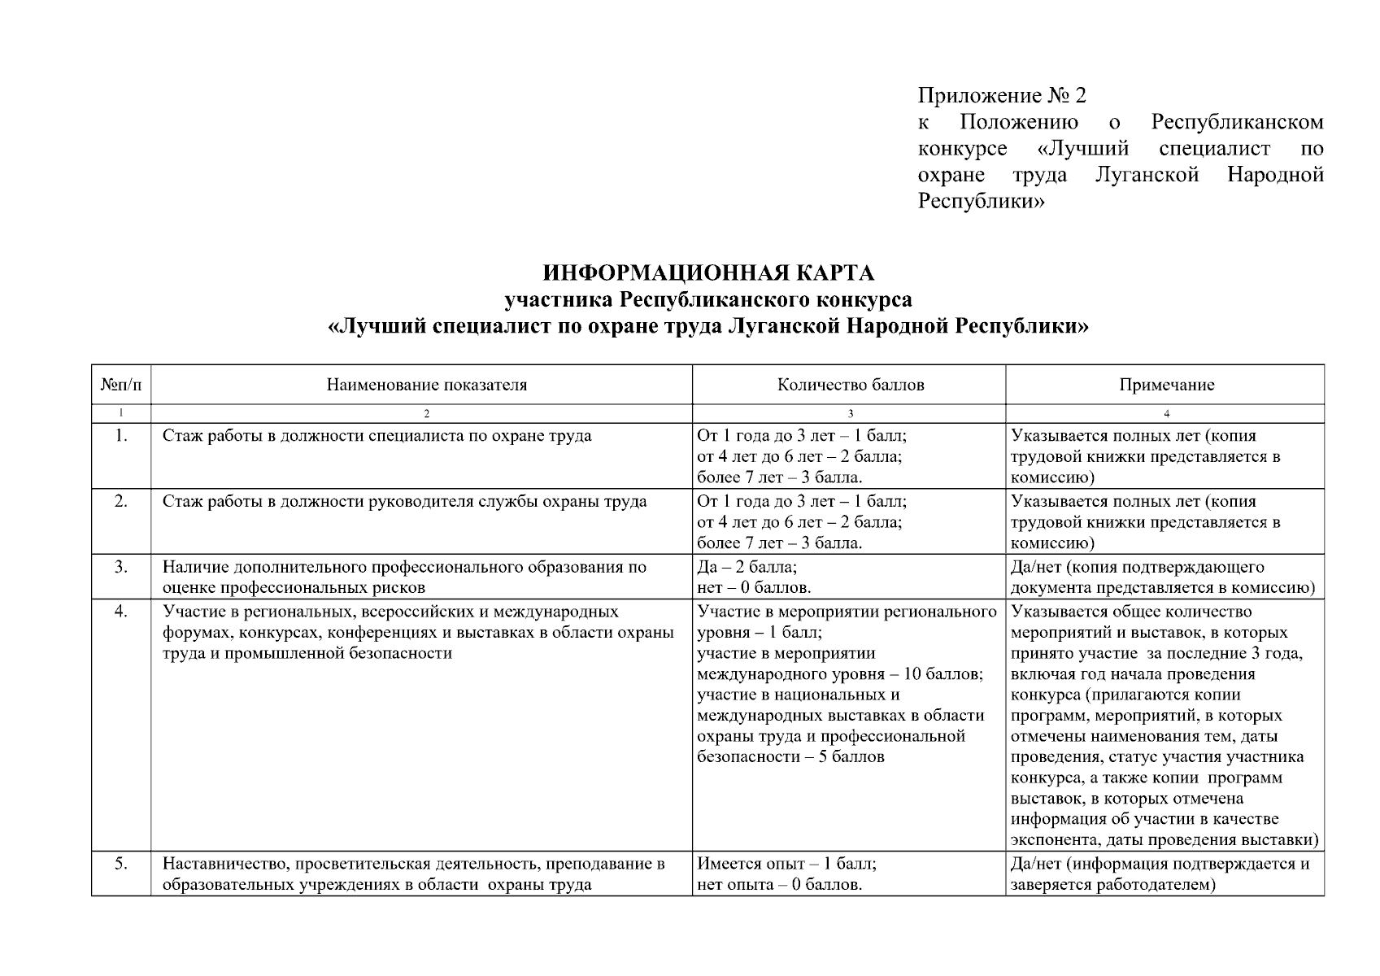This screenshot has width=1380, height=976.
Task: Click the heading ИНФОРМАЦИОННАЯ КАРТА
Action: tap(707, 272)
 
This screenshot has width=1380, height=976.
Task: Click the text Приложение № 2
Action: tap(1002, 96)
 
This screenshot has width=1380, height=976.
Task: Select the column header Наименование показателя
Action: tap(426, 386)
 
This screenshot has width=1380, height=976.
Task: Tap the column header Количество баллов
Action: tap(850, 386)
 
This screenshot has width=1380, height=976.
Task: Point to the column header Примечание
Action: tap(1166, 386)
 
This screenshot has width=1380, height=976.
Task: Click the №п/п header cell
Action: tap(121, 386)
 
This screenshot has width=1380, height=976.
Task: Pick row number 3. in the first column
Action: tap(121, 567)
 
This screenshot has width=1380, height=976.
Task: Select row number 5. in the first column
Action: tap(121, 864)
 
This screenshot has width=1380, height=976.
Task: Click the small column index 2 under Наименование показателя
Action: tap(426, 413)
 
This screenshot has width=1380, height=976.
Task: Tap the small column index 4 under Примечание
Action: tap(1166, 413)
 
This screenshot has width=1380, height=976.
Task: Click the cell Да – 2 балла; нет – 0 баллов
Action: tap(754, 577)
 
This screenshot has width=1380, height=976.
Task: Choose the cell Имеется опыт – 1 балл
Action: tap(786, 864)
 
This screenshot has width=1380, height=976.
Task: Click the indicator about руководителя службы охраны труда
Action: tap(404, 502)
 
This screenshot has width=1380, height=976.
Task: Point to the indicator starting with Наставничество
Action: tap(413, 874)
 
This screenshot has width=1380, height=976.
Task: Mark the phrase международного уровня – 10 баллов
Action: tap(840, 674)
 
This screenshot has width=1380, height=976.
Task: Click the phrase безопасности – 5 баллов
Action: tap(790, 757)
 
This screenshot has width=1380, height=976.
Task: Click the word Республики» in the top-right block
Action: tap(981, 201)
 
